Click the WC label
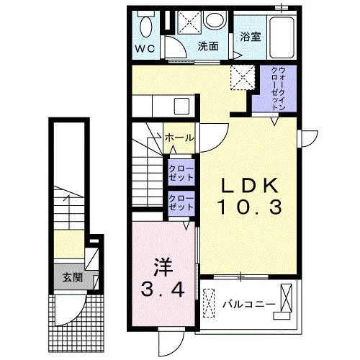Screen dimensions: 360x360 145,49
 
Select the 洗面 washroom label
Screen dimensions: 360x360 208,46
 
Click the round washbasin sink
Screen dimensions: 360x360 215,19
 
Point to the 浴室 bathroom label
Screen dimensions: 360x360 251,37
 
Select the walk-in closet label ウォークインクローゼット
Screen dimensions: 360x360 279,89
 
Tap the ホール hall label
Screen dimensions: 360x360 179,138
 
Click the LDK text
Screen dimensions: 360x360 250,186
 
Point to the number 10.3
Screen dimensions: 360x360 250,207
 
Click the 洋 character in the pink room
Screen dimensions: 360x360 163,267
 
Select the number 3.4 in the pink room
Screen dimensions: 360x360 163,289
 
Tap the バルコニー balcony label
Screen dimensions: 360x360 248,305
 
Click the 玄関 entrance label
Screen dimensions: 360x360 73,277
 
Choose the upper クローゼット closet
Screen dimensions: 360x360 181,172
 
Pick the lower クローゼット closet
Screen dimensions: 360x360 181,204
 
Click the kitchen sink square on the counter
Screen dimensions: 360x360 181,107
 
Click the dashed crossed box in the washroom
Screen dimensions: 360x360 189,23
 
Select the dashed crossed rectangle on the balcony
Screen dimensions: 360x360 209,303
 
